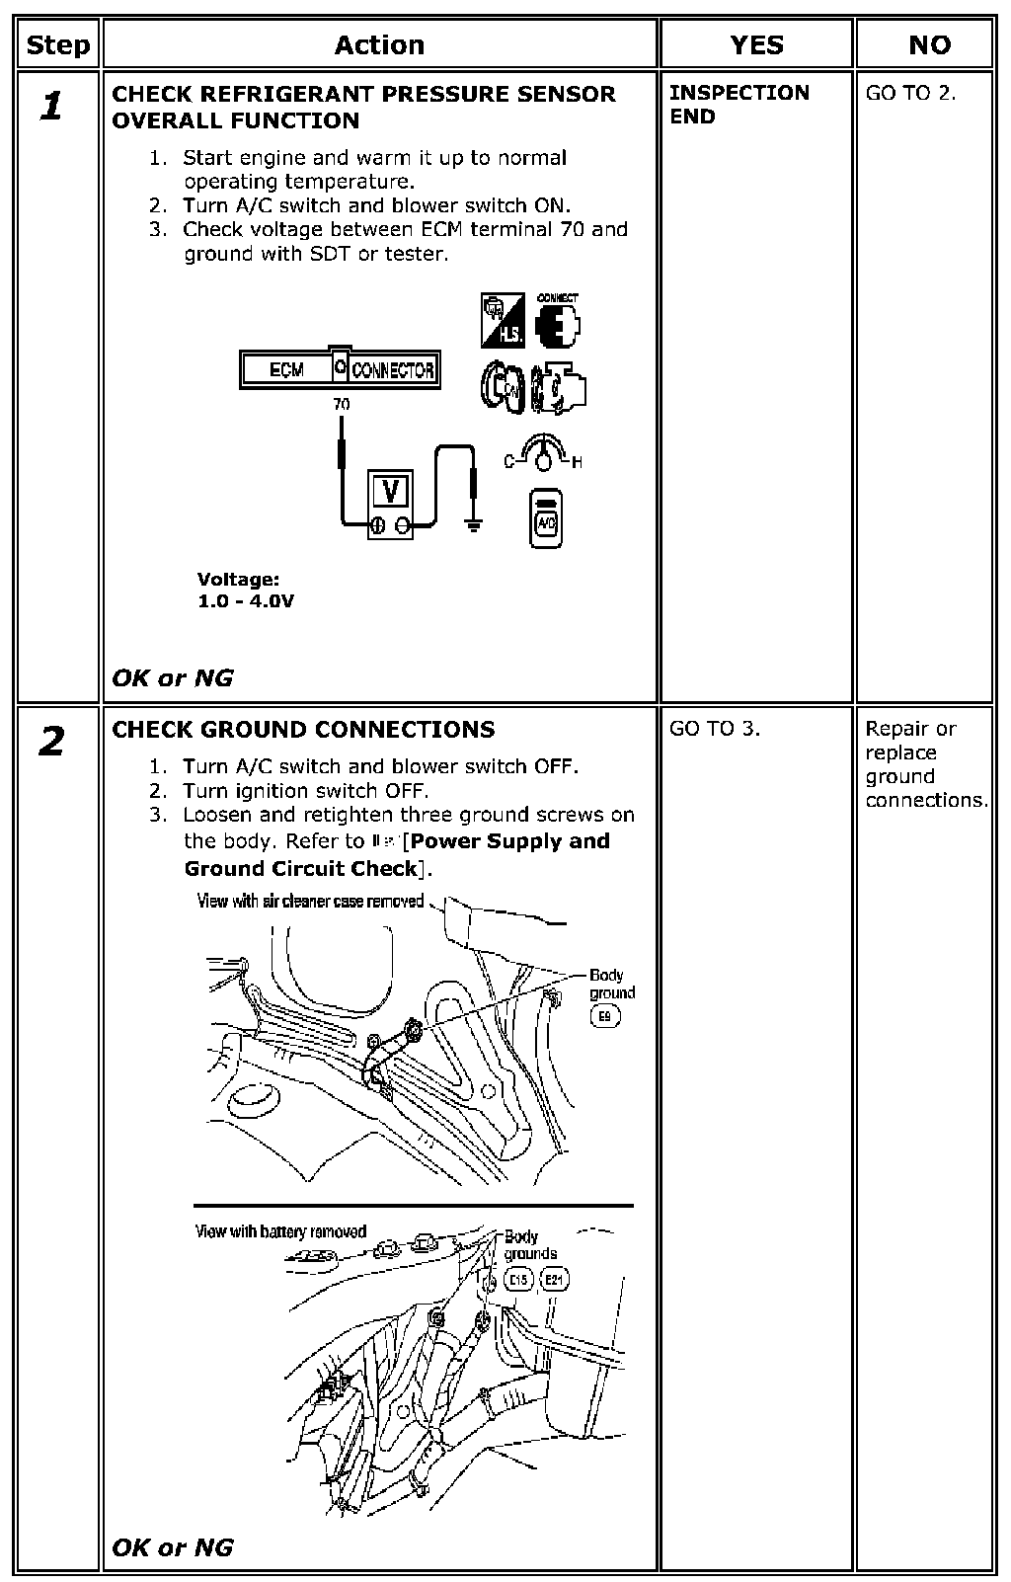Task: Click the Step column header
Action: [57, 45]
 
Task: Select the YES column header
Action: [756, 45]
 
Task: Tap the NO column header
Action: [928, 45]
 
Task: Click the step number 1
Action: [52, 106]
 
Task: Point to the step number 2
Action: [52, 741]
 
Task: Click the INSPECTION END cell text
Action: [739, 104]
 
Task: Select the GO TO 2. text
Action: [910, 94]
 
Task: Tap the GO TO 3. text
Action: [715, 729]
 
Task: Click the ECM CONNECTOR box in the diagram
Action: [340, 369]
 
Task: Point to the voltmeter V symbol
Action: [391, 491]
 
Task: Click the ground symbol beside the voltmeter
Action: [475, 523]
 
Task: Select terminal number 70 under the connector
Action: [341, 404]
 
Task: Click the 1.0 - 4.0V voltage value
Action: [246, 601]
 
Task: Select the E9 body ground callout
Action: [604, 1016]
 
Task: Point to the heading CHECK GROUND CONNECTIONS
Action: [303, 730]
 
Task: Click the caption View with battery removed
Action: [280, 1231]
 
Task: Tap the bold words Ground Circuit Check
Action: [300, 869]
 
